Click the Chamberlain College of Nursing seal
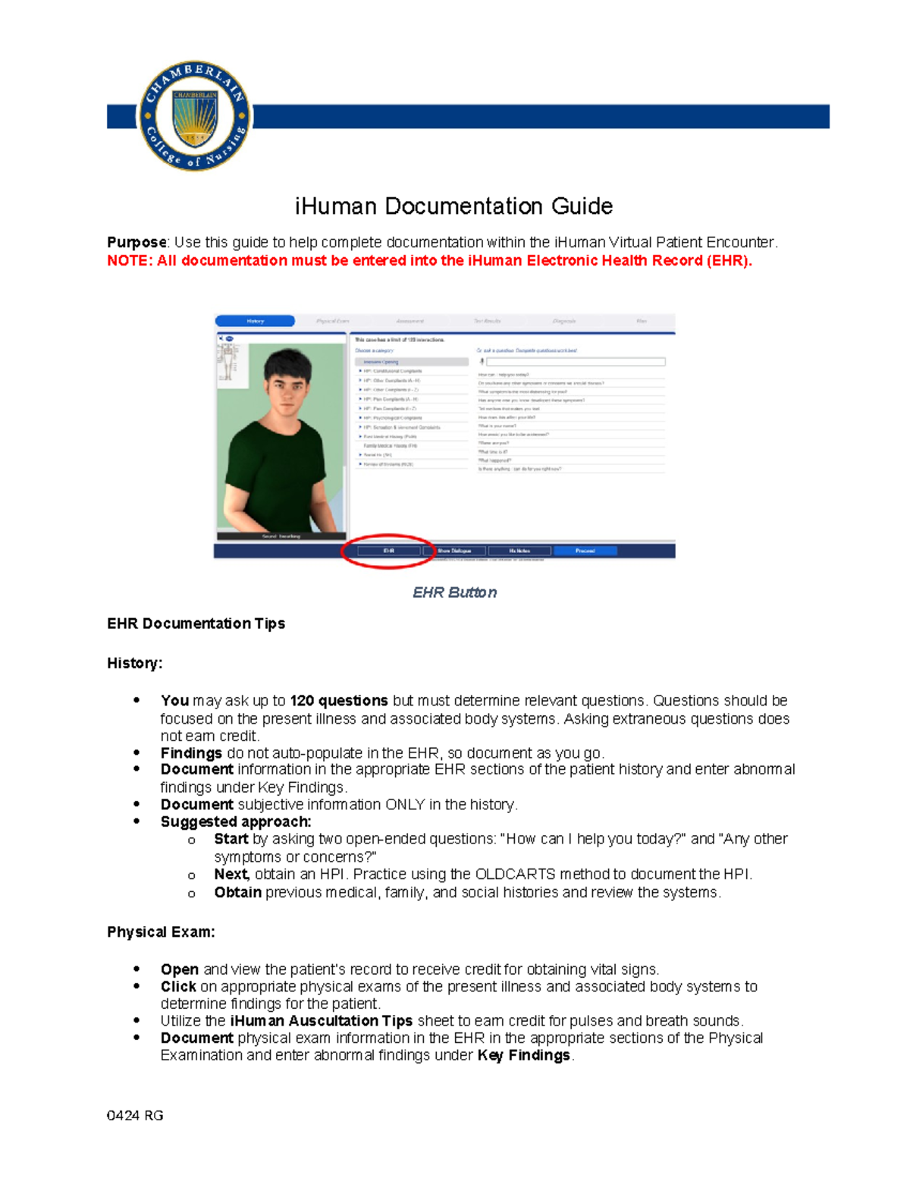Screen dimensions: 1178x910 195,116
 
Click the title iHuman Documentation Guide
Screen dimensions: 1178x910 453,206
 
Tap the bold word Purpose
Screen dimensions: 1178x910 136,243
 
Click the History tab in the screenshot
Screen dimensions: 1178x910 255,321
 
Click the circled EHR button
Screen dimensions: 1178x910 388,551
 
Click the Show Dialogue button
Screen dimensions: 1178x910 454,551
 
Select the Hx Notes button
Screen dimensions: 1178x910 519,551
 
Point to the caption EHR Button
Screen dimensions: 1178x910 454,592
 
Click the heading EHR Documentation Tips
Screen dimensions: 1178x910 196,624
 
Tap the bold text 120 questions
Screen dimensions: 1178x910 339,701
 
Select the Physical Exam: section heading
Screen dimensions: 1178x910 161,932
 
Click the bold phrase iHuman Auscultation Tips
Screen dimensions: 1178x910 321,1021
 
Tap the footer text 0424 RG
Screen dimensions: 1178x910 135,1116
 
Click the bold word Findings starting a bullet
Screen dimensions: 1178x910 191,753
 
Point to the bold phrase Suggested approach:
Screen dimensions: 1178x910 236,821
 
